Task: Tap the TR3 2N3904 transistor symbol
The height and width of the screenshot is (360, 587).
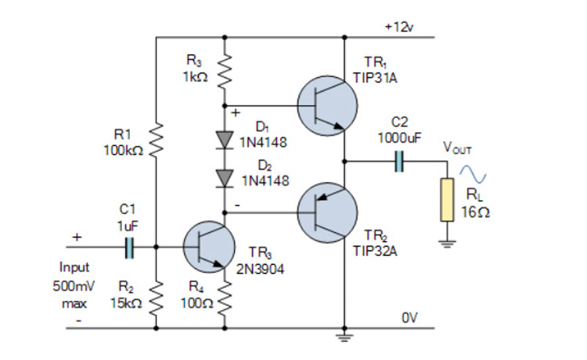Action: pyautogui.click(x=207, y=249)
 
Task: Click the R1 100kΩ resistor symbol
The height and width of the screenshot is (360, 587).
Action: pyautogui.click(x=156, y=140)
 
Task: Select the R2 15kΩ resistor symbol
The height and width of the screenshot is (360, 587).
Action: pyautogui.click(x=156, y=297)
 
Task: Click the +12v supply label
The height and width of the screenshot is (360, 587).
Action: pyautogui.click(x=398, y=27)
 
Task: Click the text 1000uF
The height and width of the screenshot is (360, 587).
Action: pyautogui.click(x=399, y=137)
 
